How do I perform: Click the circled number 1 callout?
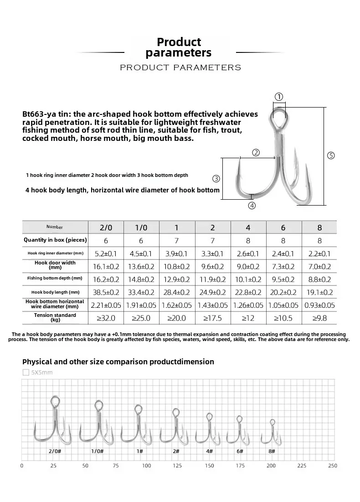(x=279, y=97)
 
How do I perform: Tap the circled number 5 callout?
(x=331, y=155)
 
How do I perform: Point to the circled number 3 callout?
(x=216, y=178)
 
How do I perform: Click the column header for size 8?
(x=319, y=227)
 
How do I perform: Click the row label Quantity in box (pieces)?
(x=55, y=240)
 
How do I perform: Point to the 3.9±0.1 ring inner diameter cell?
(x=177, y=254)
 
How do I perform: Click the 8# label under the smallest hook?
(x=272, y=451)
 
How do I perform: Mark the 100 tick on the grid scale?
(x=146, y=466)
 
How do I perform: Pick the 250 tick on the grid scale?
(x=333, y=466)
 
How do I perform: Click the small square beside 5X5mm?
(x=26, y=373)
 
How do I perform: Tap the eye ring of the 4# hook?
(x=209, y=417)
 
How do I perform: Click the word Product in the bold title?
(x=179, y=42)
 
